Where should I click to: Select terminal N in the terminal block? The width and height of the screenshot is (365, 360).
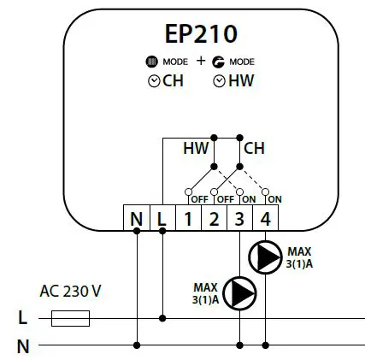point(137,219)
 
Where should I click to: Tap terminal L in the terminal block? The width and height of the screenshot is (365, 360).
point(162,219)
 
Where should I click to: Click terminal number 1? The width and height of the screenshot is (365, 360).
point(188,219)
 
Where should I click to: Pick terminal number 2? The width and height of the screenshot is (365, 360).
point(214,219)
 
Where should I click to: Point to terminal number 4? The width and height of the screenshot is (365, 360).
point(266,219)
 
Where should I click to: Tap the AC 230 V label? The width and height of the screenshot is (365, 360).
point(70,292)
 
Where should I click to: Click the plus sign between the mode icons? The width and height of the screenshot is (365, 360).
point(201,62)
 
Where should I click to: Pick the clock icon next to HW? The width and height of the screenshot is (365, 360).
point(219,81)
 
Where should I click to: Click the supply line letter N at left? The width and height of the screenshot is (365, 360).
point(23,346)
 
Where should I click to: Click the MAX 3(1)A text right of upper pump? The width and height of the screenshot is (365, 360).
point(299,257)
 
